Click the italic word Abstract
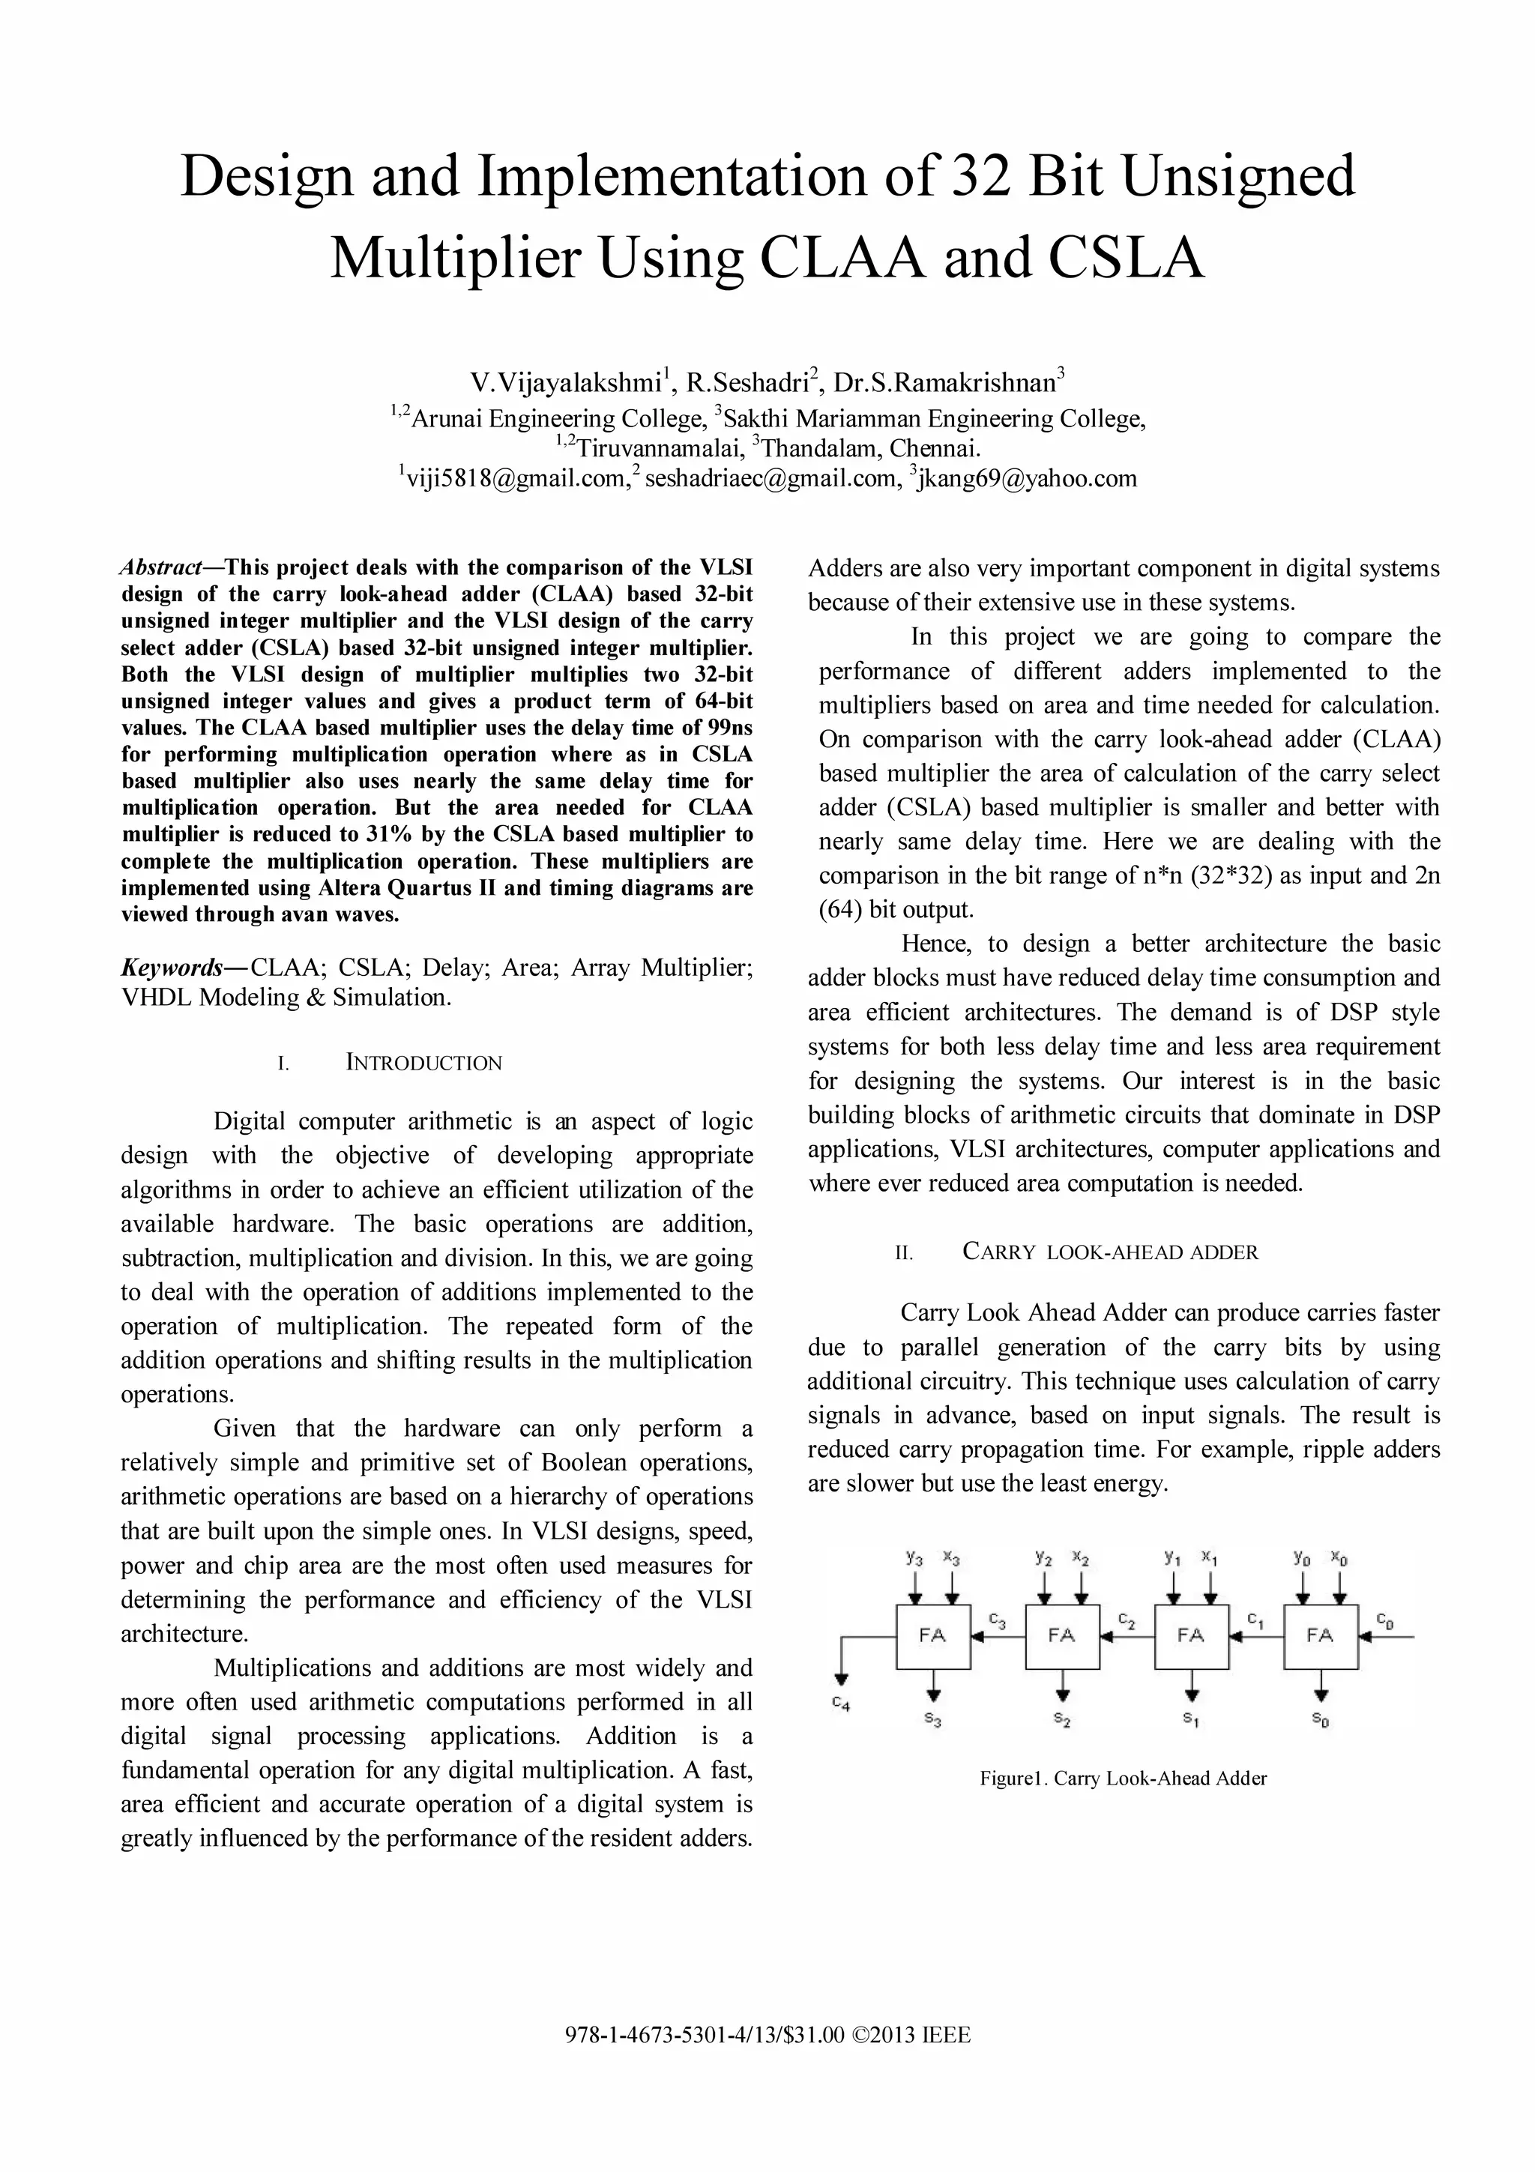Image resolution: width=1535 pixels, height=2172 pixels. pos(161,567)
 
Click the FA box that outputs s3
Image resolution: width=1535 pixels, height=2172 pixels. pos(932,1635)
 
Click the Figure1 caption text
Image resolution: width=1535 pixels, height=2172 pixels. pos(1123,1779)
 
